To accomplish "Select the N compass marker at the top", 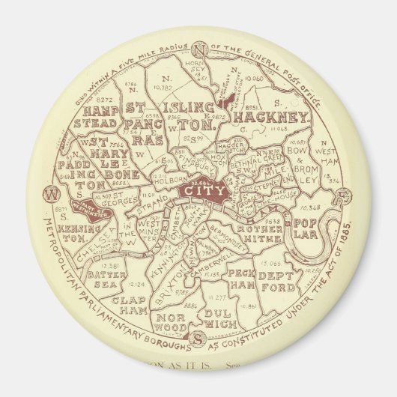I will pyautogui.click(x=199, y=49).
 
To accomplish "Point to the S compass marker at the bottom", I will pyautogui.click(x=196, y=339).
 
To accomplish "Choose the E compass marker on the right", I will pyautogui.click(x=344, y=196).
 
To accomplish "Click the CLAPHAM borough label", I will pyautogui.click(x=129, y=303).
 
